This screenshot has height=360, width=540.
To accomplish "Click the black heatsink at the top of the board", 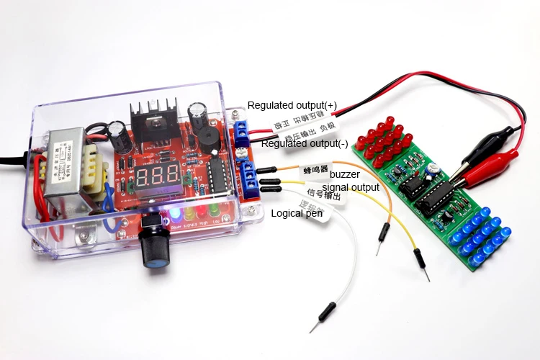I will (x=153, y=117).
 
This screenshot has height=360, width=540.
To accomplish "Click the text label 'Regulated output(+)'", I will (x=292, y=105).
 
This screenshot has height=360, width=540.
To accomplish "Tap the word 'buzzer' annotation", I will (x=345, y=174).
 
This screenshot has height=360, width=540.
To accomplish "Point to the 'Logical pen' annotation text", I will (x=295, y=213).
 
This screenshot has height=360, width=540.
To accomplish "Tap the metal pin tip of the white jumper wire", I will (x=314, y=328).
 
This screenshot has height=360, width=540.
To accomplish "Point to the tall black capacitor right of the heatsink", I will (x=199, y=113).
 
